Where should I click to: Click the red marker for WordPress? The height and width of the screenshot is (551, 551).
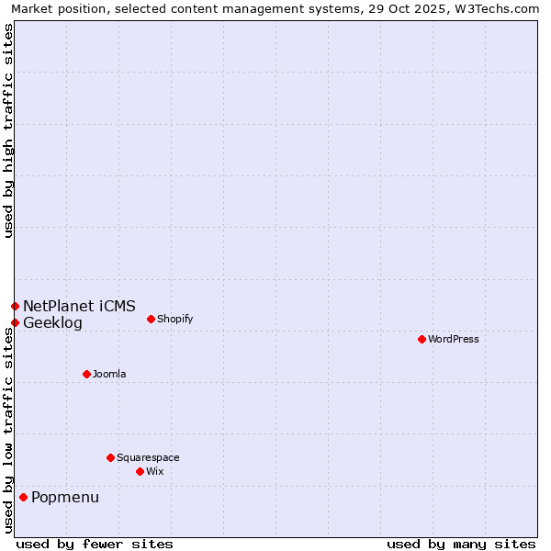(x=422, y=339)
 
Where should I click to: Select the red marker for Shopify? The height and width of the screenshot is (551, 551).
(x=151, y=319)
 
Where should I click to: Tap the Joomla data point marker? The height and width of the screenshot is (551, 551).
(x=86, y=374)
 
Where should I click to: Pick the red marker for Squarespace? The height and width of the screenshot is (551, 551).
(x=110, y=457)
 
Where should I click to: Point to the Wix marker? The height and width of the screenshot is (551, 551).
(x=140, y=471)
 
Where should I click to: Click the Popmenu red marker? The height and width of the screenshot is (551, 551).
(x=23, y=497)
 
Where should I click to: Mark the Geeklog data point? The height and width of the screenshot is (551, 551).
(x=15, y=322)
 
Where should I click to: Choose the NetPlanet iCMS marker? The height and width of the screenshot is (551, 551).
(x=15, y=306)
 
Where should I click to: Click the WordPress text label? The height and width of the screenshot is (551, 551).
(x=454, y=339)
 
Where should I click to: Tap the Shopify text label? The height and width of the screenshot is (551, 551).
(x=175, y=319)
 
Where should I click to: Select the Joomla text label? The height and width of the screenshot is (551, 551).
(x=109, y=374)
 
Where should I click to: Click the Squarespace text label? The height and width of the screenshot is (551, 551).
(x=148, y=457)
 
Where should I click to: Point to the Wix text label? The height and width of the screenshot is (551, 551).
(x=155, y=471)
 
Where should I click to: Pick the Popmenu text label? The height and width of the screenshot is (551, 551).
(x=65, y=498)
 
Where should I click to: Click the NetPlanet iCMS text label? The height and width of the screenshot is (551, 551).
(x=79, y=306)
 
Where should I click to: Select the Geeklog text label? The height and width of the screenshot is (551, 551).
(x=52, y=323)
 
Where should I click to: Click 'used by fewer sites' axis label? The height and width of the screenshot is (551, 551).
(x=95, y=544)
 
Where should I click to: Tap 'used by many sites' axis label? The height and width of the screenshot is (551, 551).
(x=461, y=544)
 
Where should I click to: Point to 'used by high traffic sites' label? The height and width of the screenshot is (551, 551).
(x=8, y=130)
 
